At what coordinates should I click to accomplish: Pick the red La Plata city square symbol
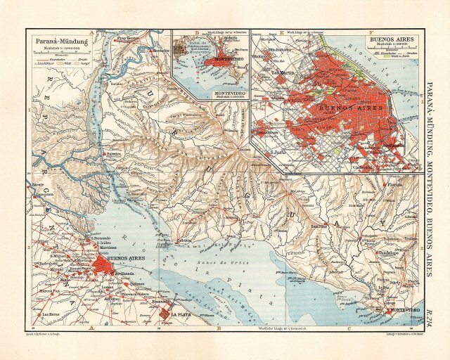pos(166,313)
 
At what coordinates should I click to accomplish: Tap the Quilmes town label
pos(138,284)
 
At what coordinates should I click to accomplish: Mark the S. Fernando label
pos(103,240)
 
